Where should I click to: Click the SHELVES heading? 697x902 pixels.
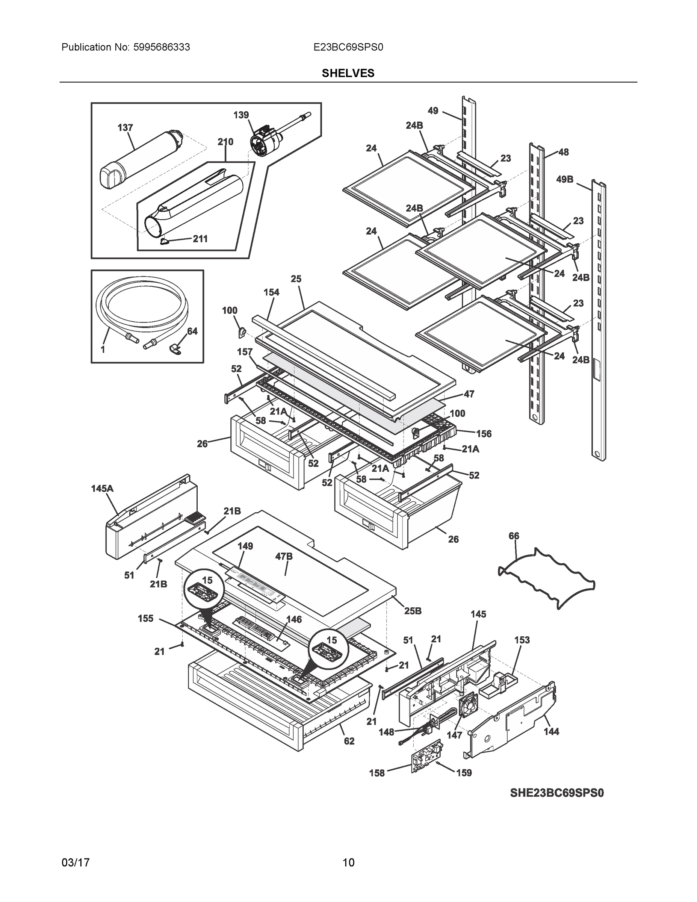pos(348,73)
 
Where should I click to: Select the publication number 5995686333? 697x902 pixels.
pos(162,47)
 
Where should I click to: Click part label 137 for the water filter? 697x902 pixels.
pos(125,128)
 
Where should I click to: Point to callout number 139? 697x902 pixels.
pos(241,115)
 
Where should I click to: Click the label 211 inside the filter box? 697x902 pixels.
pos(200,239)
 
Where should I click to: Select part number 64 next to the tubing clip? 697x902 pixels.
pos(192,331)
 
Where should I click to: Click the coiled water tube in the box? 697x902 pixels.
pos(141,306)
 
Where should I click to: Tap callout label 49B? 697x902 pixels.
pos(564,179)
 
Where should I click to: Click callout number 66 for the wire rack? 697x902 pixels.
pos(514,536)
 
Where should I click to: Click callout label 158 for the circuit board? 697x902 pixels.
pos(376,773)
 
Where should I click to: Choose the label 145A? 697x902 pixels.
pos(102,489)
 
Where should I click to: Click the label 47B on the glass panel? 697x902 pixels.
pos(284,556)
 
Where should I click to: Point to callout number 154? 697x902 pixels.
pos(271,292)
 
